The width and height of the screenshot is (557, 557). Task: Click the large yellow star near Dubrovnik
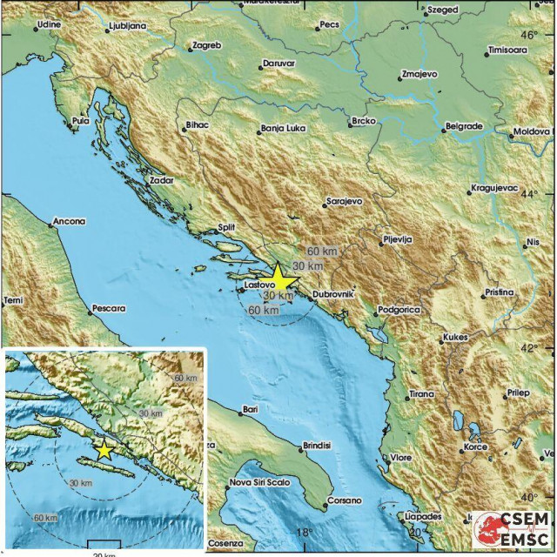[x=278, y=278]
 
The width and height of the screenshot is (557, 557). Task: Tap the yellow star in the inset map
[x=104, y=450]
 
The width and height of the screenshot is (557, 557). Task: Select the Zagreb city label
[x=206, y=44]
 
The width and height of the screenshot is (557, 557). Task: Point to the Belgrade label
[x=463, y=126]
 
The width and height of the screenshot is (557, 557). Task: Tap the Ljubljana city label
[x=126, y=28]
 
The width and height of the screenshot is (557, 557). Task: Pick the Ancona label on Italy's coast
[x=69, y=222]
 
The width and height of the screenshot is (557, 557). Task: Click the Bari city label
[x=251, y=408]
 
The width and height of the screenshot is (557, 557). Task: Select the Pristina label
[x=500, y=293]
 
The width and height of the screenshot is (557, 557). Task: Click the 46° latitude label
[x=529, y=36]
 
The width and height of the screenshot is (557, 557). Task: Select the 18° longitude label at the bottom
[x=303, y=533]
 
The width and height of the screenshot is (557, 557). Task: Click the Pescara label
[x=109, y=308]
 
